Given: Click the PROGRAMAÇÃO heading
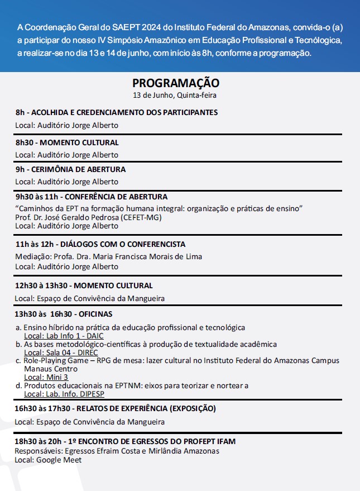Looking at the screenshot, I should (176, 83).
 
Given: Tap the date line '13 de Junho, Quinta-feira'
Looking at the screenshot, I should (175, 95).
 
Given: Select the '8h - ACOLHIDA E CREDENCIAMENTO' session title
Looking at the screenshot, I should (116, 112).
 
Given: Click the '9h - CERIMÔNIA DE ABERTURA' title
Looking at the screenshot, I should (70, 169).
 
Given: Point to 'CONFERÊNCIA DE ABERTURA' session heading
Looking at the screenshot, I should (117, 197).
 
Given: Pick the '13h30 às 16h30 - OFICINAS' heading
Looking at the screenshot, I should (64, 314).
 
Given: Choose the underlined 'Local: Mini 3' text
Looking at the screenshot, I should (46, 377).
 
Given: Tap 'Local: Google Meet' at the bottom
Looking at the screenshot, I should (48, 460).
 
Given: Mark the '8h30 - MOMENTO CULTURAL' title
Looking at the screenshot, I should (67, 142).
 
